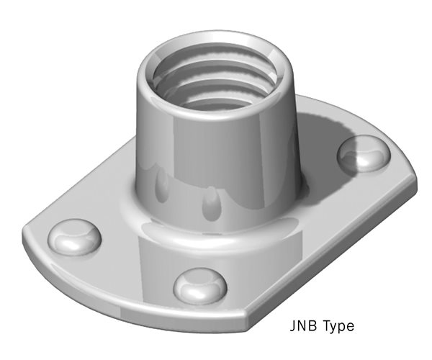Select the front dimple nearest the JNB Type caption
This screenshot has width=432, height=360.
point(199,285)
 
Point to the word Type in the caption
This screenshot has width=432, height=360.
point(336,326)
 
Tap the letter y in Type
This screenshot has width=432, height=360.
point(333,328)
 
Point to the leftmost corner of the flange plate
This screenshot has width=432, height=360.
point(25,234)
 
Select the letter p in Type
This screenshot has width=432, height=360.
point(343,328)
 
